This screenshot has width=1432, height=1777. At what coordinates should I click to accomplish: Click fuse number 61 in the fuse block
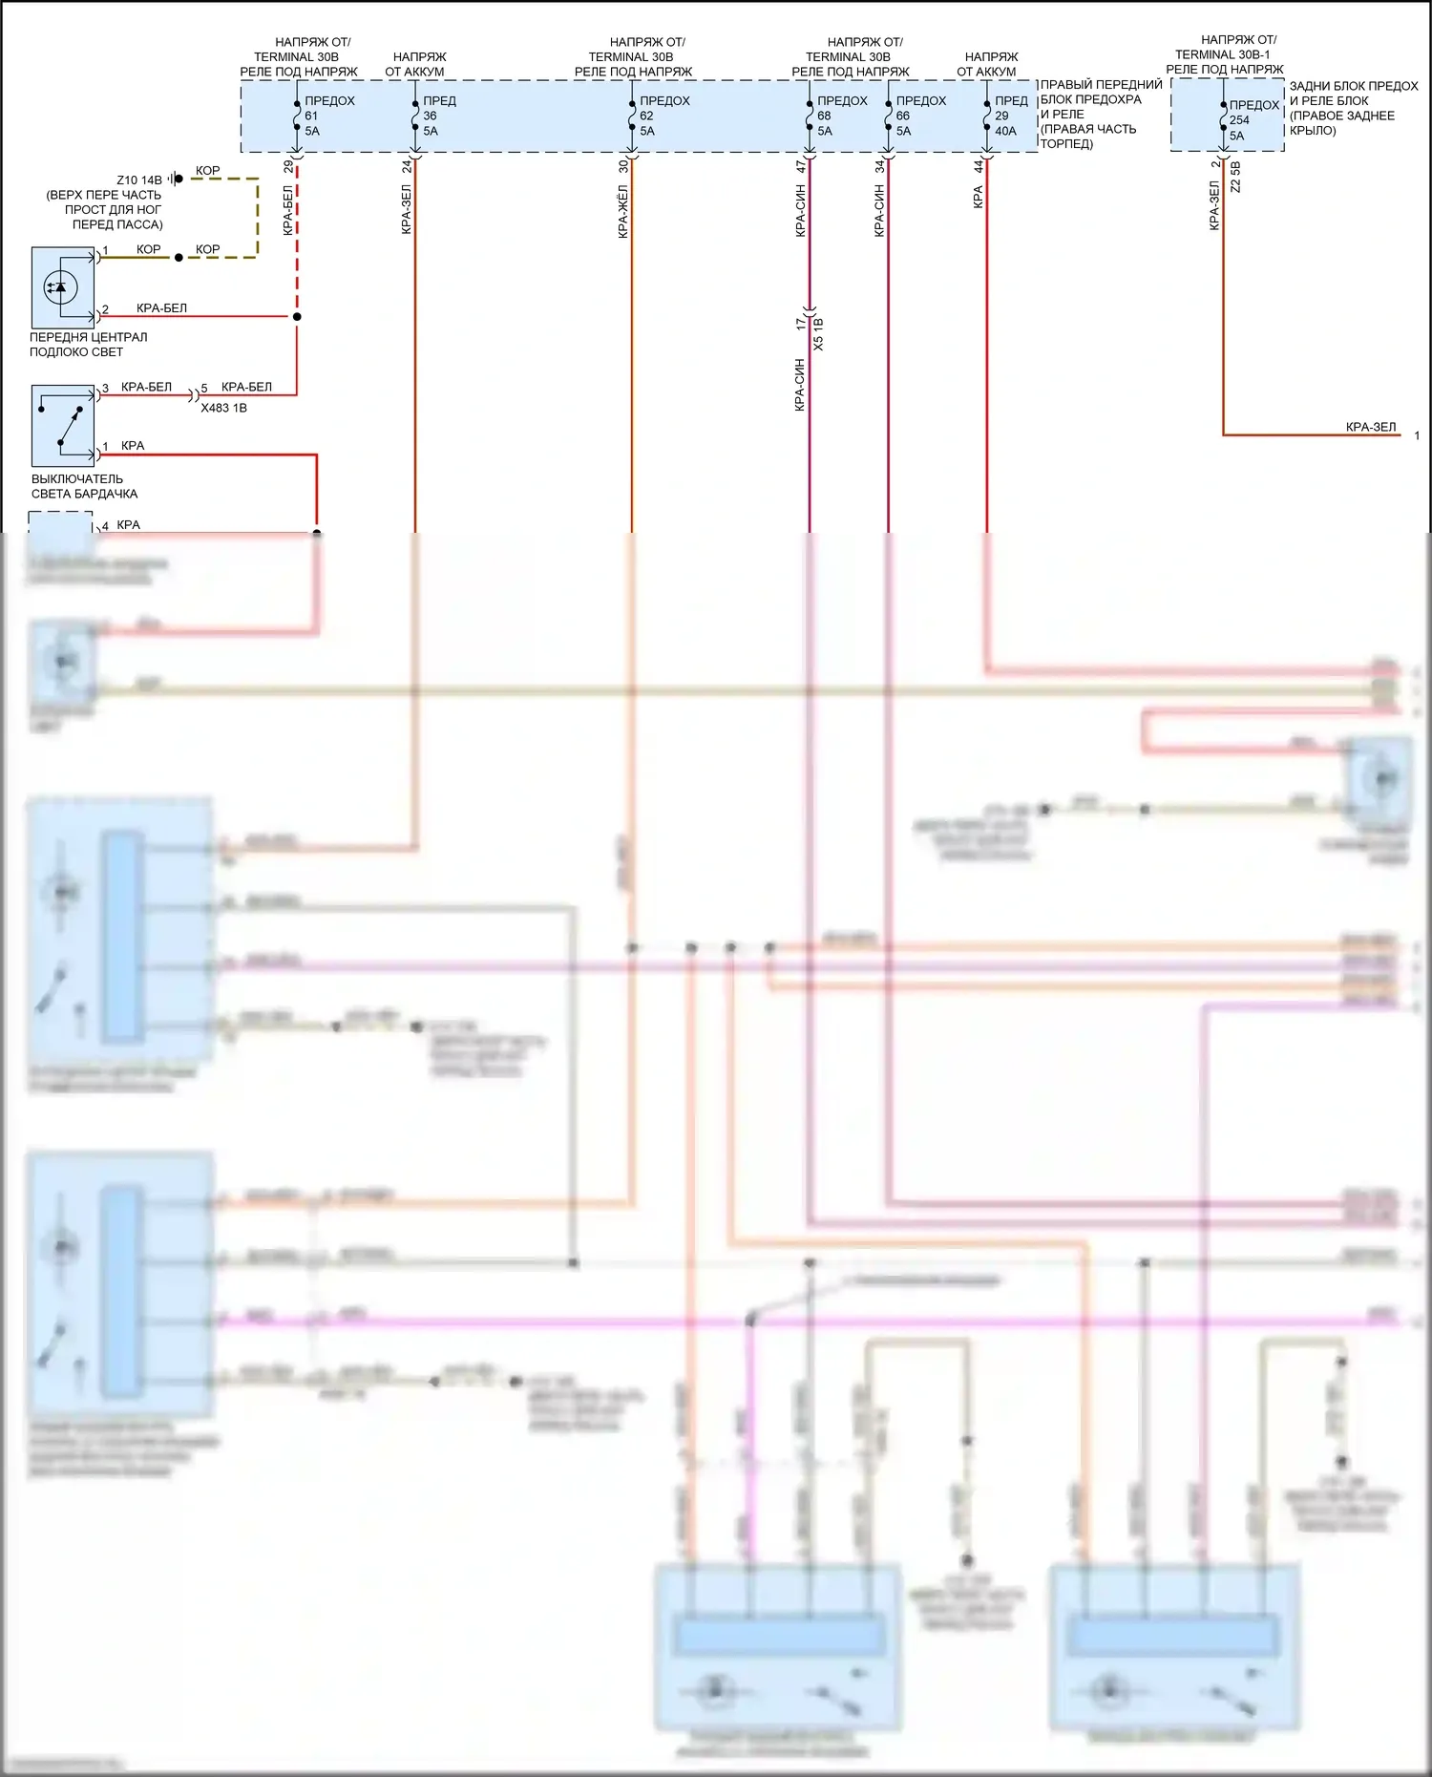point(298,116)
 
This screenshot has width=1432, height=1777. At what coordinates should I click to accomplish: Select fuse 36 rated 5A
point(416,116)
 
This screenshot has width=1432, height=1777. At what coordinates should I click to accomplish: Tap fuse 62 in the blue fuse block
point(632,116)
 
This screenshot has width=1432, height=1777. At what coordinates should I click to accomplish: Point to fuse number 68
point(811,116)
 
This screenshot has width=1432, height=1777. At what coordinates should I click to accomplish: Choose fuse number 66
point(889,116)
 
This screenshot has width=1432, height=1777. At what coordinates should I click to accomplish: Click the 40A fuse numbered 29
point(987,116)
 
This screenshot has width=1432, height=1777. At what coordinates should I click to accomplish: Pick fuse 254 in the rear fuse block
point(1224,120)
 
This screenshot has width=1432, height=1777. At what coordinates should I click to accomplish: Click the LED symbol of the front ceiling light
point(61,286)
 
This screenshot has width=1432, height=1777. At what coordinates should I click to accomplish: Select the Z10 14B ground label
point(139,180)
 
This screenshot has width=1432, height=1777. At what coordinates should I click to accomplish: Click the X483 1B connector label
point(223,408)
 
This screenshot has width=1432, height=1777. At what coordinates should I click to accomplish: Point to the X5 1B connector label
point(819,333)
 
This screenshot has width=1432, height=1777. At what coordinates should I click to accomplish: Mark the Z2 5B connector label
point(1235,178)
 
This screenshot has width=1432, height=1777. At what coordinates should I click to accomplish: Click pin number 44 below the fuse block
point(979,166)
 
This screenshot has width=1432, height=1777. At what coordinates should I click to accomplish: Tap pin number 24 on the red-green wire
point(407,166)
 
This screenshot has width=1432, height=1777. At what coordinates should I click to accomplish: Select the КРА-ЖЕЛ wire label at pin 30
point(623,213)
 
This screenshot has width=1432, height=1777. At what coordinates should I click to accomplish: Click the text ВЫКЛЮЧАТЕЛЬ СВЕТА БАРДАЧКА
point(84,486)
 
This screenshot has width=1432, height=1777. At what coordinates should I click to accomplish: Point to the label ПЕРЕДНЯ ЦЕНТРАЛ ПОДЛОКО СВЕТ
point(88,344)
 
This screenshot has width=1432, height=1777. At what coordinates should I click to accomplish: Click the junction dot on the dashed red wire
point(297,316)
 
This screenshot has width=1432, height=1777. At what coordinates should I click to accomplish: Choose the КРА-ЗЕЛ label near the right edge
point(1370,427)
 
